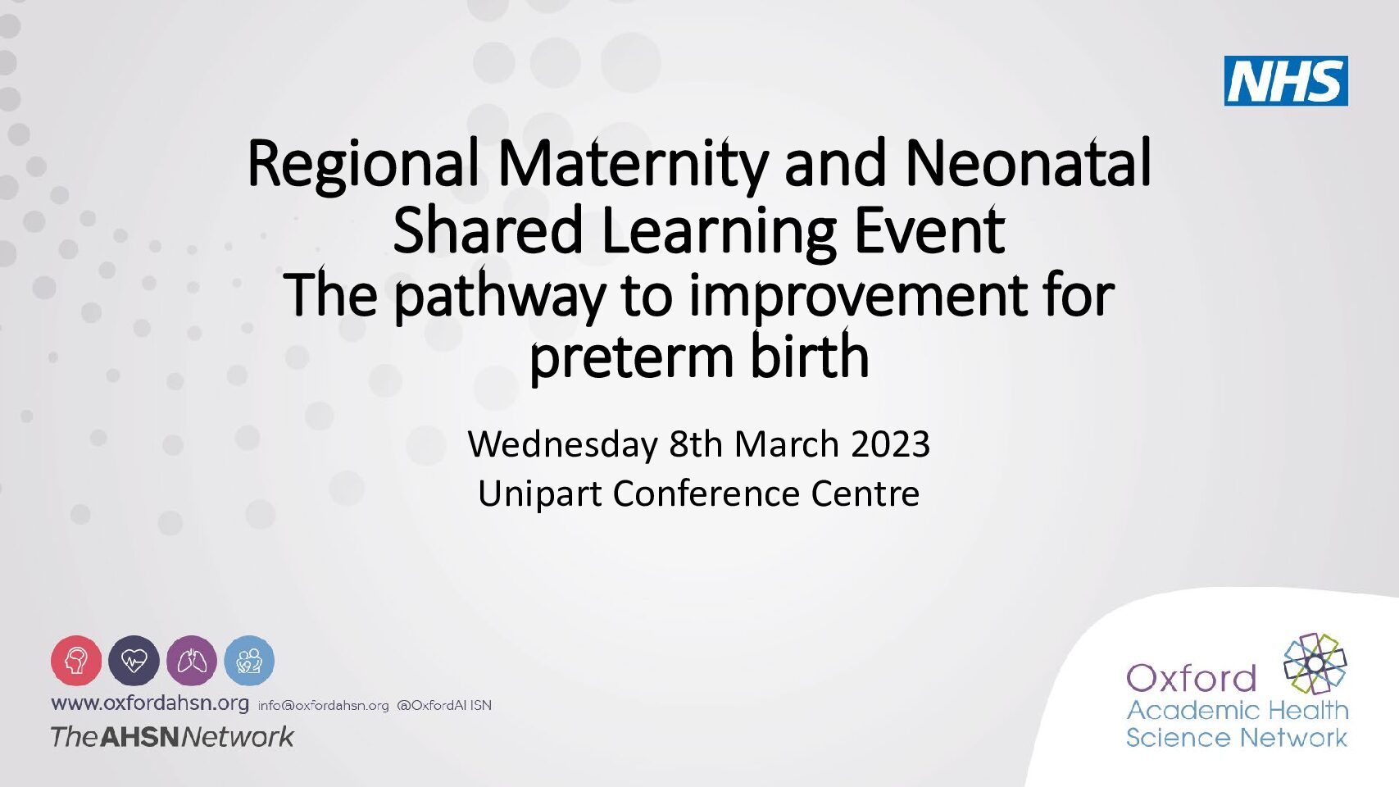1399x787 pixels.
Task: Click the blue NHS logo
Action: click(1286, 80)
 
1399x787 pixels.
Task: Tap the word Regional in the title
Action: click(363, 164)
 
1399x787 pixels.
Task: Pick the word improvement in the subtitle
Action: click(858, 298)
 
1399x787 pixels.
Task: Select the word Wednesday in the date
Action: click(563, 445)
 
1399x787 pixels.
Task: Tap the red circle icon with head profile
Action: click(76, 661)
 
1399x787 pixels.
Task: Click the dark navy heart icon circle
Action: click(134, 661)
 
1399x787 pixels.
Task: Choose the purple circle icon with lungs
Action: click(192, 661)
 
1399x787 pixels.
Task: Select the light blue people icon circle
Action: click(249, 661)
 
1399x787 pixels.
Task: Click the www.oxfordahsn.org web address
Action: click(150, 704)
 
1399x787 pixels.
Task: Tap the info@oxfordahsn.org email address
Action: click(324, 706)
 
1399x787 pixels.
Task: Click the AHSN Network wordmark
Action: click(172, 737)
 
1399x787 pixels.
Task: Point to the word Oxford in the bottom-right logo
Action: click(1191, 678)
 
